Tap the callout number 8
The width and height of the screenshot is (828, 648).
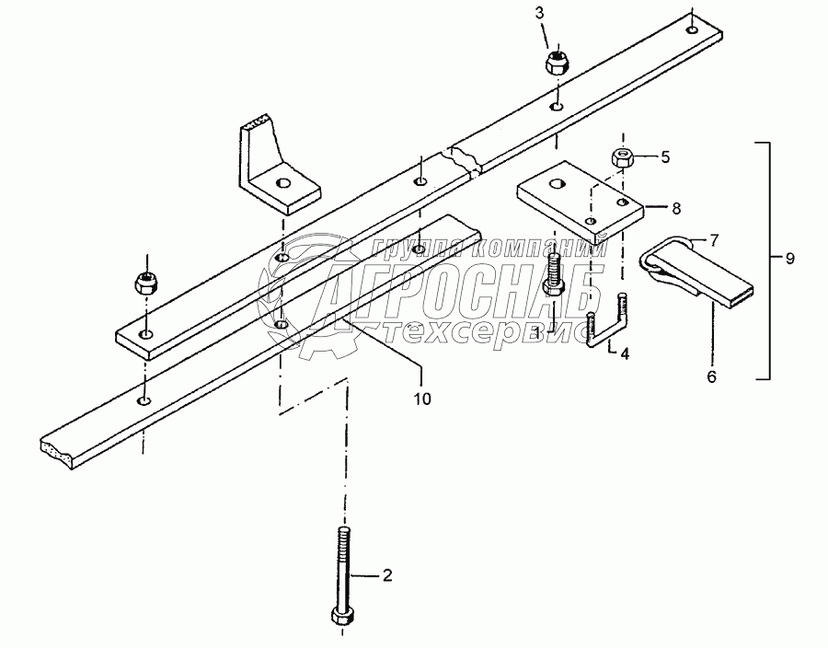click(x=676, y=209)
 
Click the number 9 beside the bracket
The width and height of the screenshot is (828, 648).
click(x=789, y=260)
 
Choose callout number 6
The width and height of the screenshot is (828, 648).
click(x=712, y=376)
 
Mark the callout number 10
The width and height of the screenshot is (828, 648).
click(x=421, y=399)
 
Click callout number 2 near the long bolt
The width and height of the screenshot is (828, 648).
click(x=387, y=576)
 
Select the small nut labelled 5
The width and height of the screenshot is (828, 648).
click(x=624, y=157)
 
